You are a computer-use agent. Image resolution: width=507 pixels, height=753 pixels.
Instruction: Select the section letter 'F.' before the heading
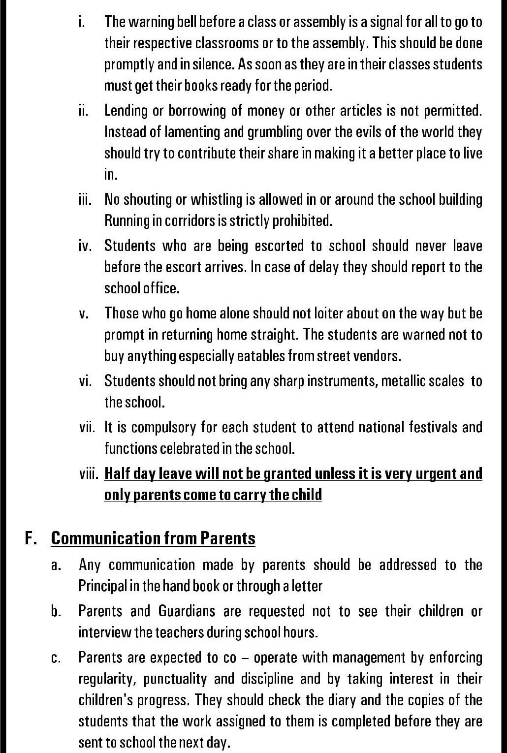32,538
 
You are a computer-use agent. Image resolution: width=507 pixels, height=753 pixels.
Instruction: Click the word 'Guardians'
187,611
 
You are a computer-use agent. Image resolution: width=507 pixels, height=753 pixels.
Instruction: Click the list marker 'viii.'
89,473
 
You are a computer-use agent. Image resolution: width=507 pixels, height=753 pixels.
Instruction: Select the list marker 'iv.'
85,246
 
